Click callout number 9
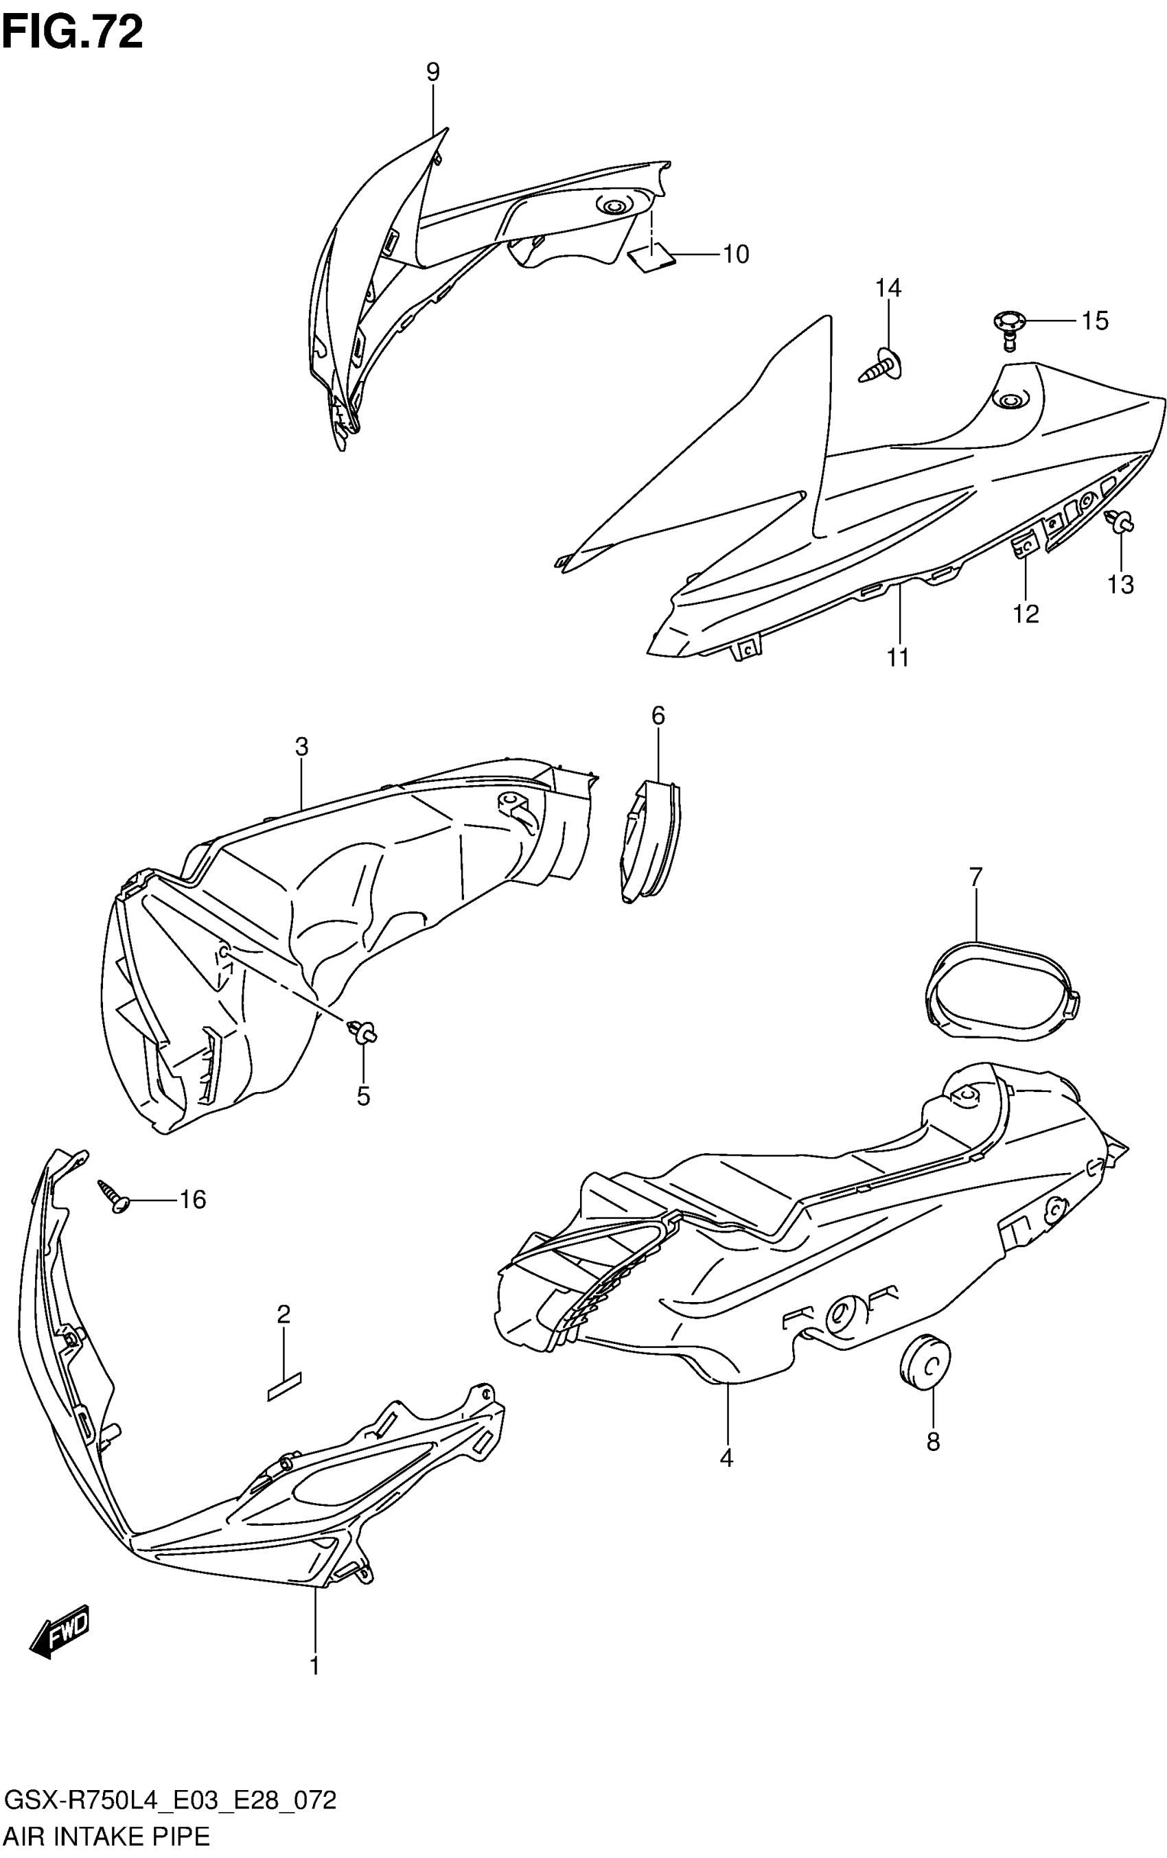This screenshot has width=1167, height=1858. pyautogui.click(x=433, y=73)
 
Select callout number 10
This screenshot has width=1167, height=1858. pyautogui.click(x=735, y=254)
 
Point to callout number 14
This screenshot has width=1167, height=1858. pyautogui.click(x=888, y=288)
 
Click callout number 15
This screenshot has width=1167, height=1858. pyautogui.click(x=1094, y=321)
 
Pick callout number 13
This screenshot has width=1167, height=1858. pyautogui.click(x=1121, y=585)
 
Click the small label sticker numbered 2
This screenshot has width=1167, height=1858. pyautogui.click(x=284, y=1385)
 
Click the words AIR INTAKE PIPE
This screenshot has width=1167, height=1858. pyautogui.click(x=106, y=1842)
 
